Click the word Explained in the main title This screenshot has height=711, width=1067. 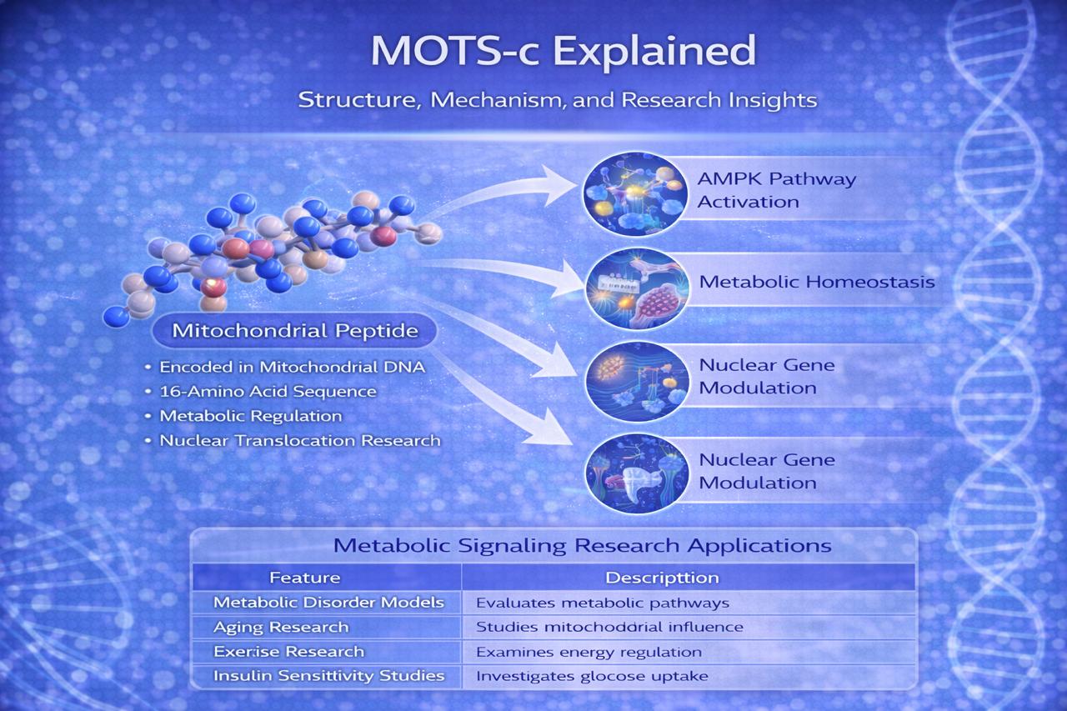(x=654, y=52)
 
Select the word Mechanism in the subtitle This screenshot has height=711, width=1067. (x=498, y=101)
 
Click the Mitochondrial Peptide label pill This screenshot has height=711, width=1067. (x=294, y=331)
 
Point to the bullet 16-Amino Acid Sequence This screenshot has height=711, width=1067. (x=268, y=392)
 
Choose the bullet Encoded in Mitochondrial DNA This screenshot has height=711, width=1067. (x=292, y=367)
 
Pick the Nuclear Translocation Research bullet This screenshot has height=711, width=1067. (x=300, y=440)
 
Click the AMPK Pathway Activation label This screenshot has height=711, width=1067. (x=776, y=191)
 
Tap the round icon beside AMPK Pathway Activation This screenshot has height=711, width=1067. (x=635, y=194)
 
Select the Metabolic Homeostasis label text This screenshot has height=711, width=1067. (x=817, y=282)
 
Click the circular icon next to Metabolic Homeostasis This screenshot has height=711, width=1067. (x=637, y=288)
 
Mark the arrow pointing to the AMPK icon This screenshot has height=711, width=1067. (x=500, y=193)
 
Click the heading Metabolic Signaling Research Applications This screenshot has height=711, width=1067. (x=582, y=546)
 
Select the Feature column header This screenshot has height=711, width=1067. (x=305, y=578)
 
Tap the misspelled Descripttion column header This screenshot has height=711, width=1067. (x=662, y=578)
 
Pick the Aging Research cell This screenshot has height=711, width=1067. (x=281, y=627)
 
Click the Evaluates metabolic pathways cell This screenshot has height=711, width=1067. (x=603, y=603)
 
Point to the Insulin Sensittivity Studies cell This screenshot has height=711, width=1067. (x=328, y=676)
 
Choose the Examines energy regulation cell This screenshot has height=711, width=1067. (x=589, y=652)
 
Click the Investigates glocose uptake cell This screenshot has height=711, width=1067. (x=592, y=676)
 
